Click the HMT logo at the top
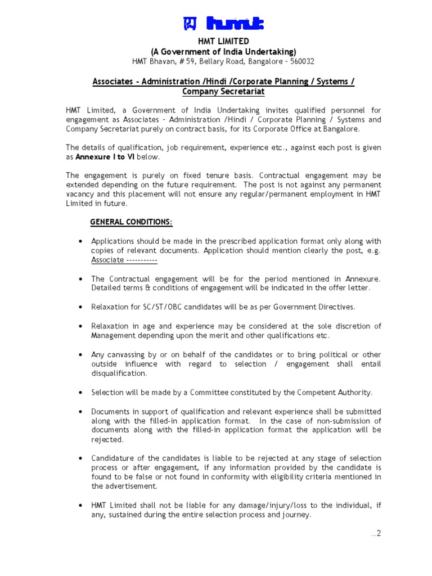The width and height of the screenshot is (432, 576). pyautogui.click(x=223, y=24)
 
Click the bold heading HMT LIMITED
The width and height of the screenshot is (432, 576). pyautogui.click(x=223, y=42)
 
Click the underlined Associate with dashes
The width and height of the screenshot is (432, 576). pyautogui.click(x=124, y=260)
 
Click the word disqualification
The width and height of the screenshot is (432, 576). pyautogui.click(x=119, y=373)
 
